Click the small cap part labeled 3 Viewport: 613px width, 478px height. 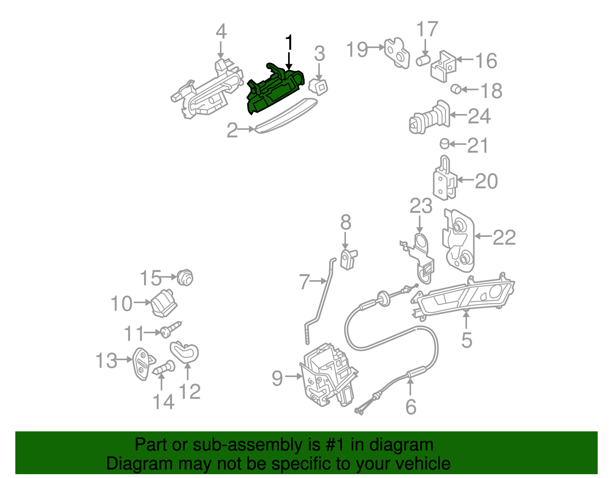pos(318,86)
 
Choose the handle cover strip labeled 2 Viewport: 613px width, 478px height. pos(285,116)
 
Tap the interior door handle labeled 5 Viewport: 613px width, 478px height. pos(464,297)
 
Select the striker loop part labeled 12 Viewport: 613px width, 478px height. pos(185,352)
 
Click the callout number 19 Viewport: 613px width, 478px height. pos(357,49)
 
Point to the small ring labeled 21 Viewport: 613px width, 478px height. pos(444,144)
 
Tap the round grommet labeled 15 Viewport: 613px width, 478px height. pos(185,277)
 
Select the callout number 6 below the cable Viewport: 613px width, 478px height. pos(410,406)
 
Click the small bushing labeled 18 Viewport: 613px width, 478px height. pos(456,89)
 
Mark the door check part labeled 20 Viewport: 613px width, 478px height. pos(444,180)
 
